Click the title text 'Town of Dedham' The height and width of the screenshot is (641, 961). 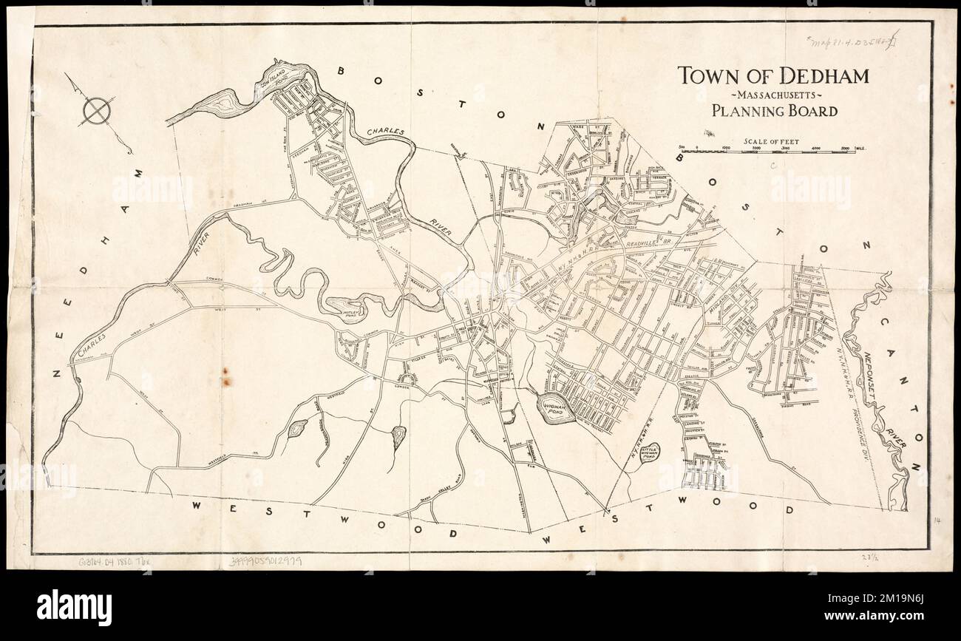(773, 75)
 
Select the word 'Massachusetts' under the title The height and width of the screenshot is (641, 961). (773, 95)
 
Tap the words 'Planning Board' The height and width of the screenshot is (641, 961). (774, 112)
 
